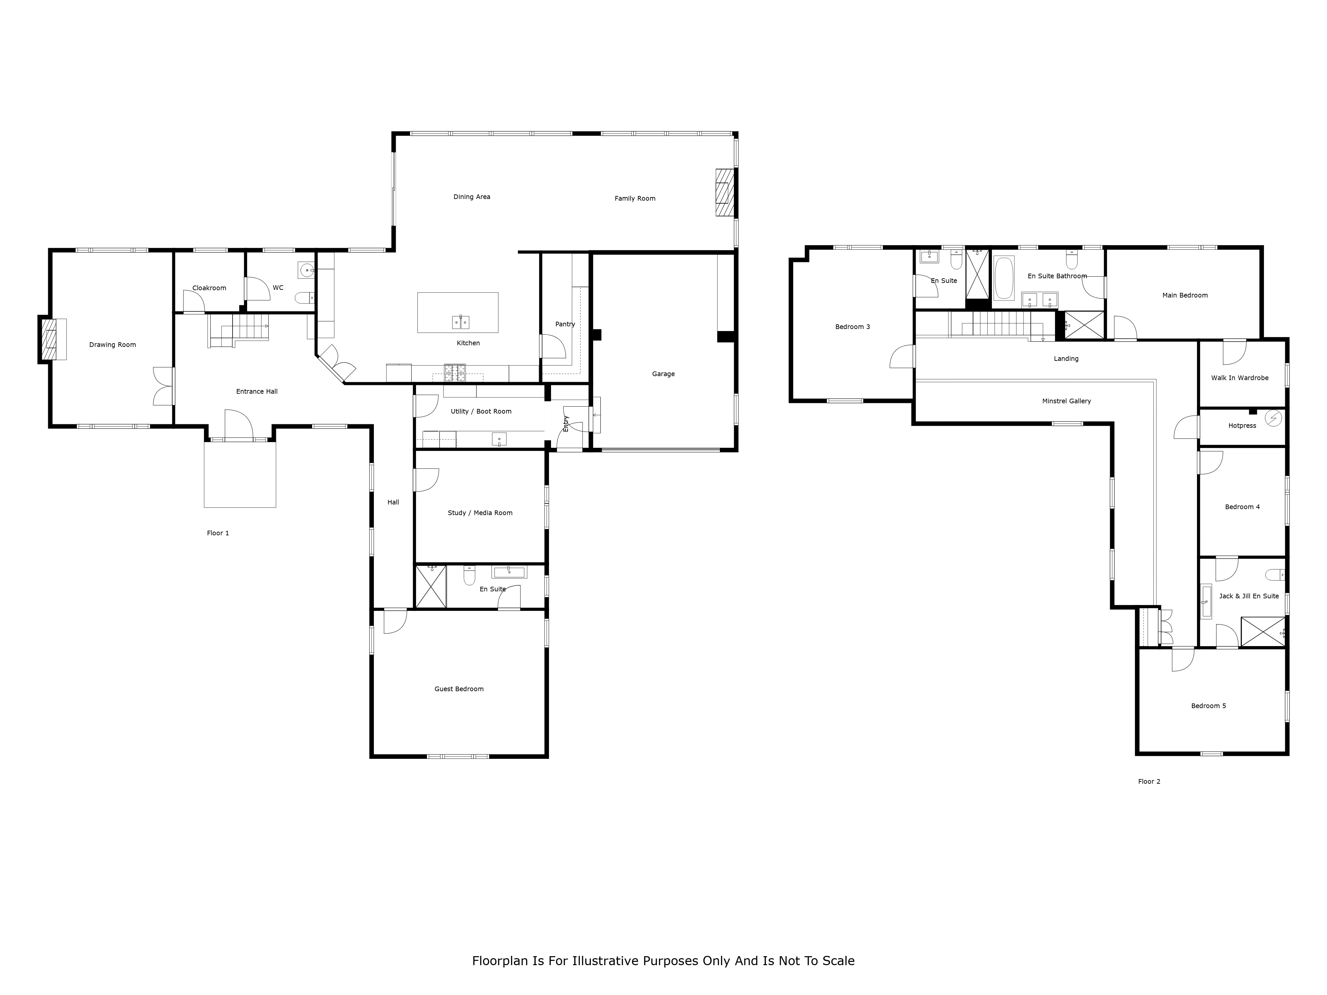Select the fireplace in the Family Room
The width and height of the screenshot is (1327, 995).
click(725, 192)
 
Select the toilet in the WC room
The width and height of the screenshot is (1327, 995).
click(305, 298)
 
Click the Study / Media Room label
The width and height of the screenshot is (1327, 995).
click(480, 513)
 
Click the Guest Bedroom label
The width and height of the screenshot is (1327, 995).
click(459, 689)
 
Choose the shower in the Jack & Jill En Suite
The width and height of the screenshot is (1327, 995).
click(1263, 631)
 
